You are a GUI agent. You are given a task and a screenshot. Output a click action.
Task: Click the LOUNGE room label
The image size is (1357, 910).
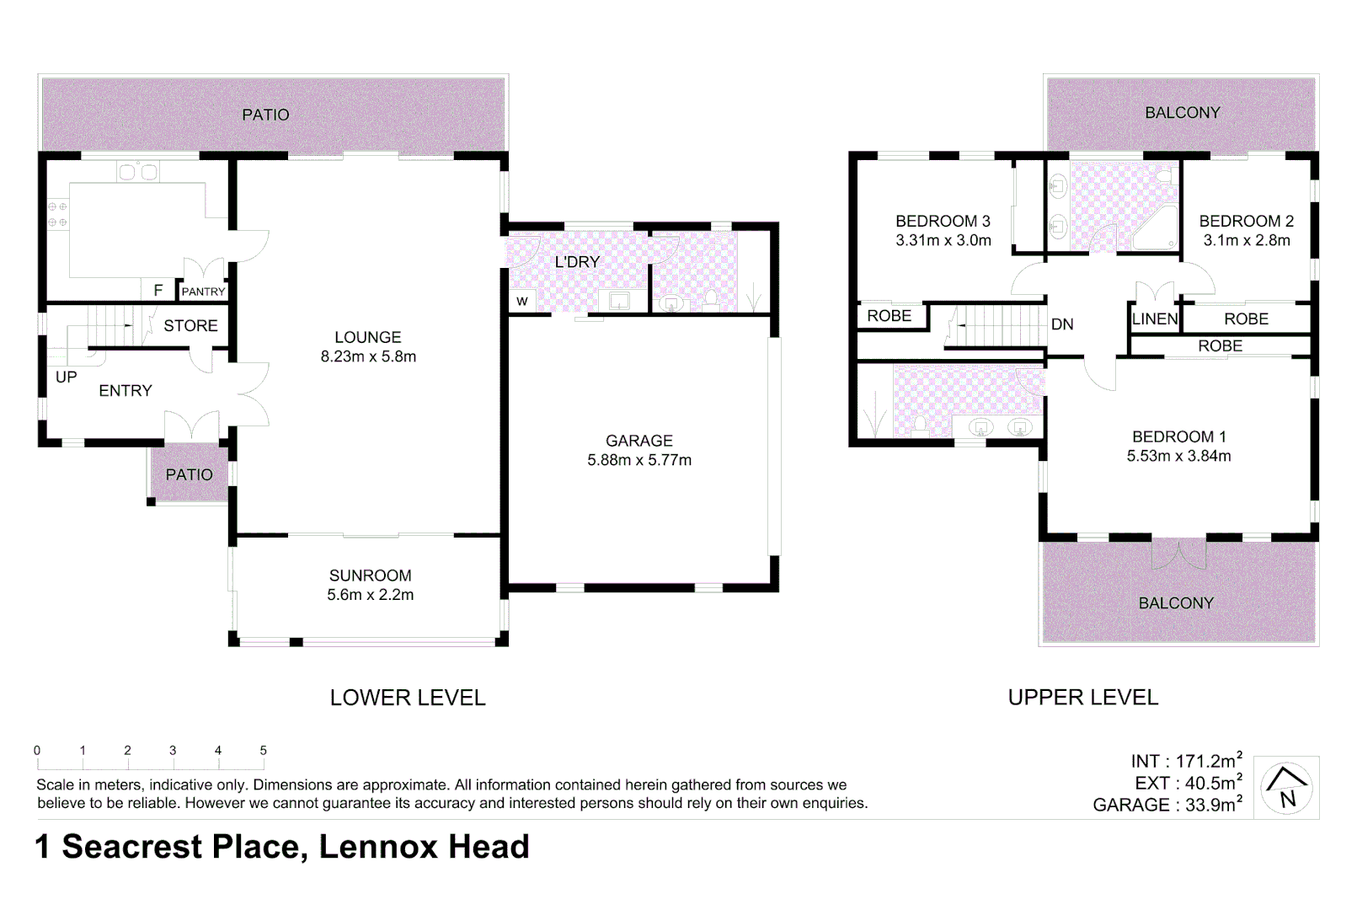point(367,337)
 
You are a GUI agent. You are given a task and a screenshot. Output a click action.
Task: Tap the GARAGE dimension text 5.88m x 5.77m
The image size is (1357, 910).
point(639,460)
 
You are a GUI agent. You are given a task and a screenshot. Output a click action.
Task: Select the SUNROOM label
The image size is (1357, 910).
point(370,575)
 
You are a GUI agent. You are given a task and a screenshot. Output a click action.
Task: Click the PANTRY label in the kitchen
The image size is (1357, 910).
point(203,292)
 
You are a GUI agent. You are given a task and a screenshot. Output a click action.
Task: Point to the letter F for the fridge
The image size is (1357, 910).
point(158,290)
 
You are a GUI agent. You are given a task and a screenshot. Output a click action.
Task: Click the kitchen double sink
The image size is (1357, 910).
point(138,172)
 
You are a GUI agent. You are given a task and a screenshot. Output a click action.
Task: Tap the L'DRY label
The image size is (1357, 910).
point(577,262)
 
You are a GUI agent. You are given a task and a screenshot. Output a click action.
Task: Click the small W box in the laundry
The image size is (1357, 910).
point(522,302)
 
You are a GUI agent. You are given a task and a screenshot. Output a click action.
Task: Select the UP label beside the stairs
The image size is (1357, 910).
point(66,377)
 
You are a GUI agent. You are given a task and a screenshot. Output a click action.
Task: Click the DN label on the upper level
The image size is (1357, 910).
point(1062,324)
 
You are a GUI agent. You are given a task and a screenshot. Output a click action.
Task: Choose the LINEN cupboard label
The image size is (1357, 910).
point(1155,319)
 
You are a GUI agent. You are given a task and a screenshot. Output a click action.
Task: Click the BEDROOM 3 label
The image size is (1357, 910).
point(943,221)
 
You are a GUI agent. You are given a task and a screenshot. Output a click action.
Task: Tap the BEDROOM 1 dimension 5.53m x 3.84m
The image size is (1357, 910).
point(1178,456)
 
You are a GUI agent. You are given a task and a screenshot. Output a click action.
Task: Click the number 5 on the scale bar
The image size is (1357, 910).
point(264,750)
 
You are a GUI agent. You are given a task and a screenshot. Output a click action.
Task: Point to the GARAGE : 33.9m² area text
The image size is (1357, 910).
point(1167,805)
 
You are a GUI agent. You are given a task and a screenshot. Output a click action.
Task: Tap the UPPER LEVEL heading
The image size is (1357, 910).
point(1082,698)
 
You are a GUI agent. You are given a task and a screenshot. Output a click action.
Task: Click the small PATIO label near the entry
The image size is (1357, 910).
point(189,474)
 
